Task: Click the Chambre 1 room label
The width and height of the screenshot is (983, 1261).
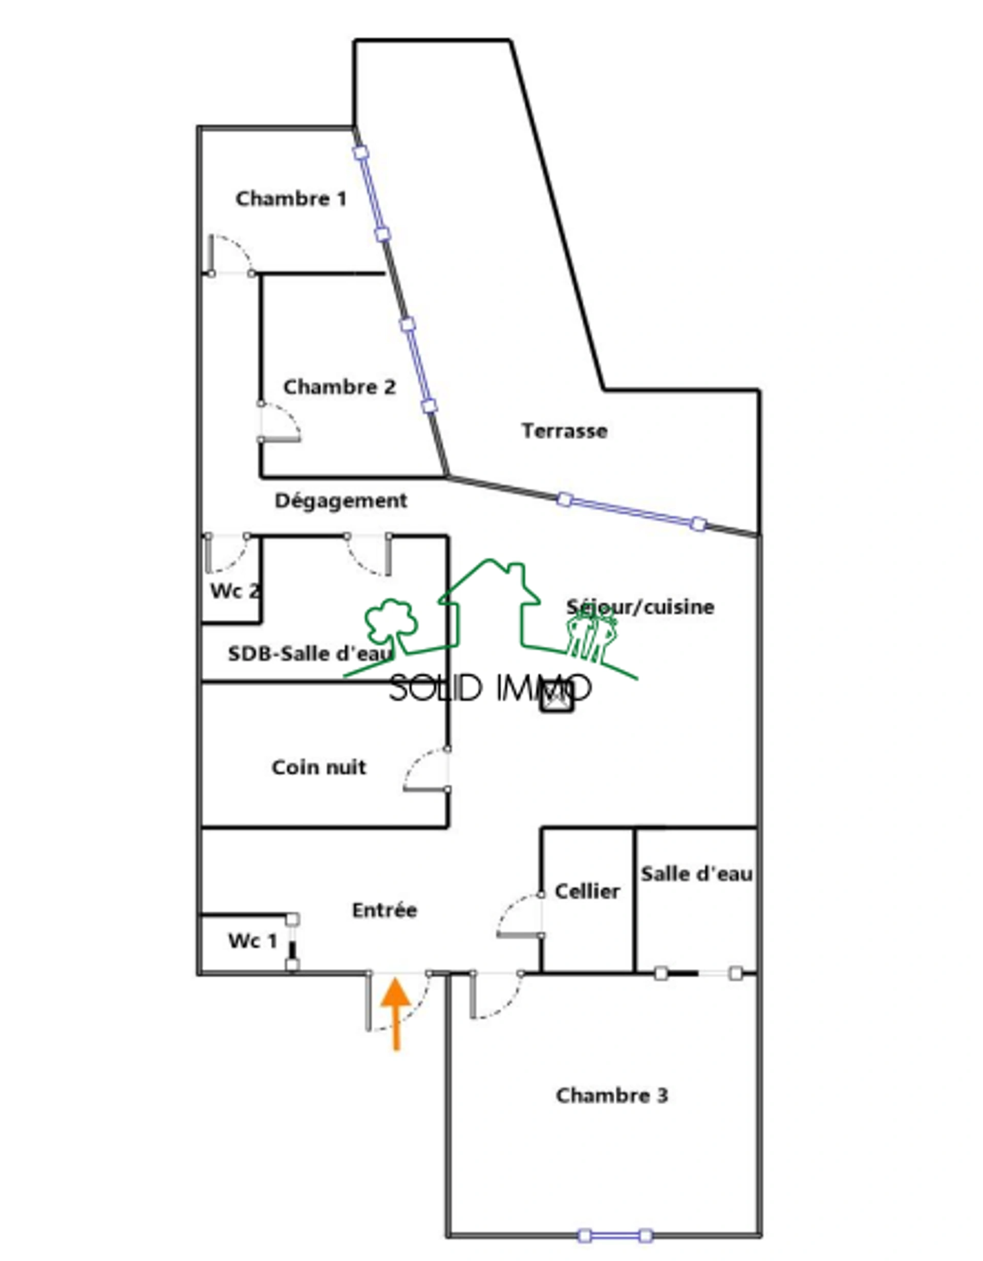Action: (x=291, y=199)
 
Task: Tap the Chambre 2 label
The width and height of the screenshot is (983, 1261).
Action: (x=339, y=387)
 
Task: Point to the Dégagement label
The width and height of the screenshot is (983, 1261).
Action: (x=340, y=501)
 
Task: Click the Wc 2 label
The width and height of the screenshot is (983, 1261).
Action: (x=234, y=591)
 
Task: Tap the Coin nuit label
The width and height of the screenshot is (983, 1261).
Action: (x=318, y=767)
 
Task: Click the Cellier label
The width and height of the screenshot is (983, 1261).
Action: (x=587, y=891)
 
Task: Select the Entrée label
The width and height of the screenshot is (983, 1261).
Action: (x=384, y=910)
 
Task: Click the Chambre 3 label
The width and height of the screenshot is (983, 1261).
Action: (x=612, y=1095)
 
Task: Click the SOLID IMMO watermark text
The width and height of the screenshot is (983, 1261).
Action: (x=490, y=688)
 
